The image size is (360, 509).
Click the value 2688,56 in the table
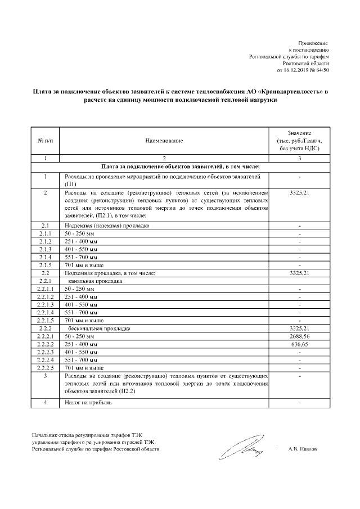point(299,335)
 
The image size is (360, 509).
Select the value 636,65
point(299,343)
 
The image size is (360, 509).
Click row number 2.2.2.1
point(44,335)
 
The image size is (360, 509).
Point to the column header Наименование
point(164,140)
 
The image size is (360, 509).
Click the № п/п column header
point(44,140)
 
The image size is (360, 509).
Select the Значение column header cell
point(299,140)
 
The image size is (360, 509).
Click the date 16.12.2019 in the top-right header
point(294,71)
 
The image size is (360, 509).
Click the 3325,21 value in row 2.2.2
point(299,327)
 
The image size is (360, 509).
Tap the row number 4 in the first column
point(44,403)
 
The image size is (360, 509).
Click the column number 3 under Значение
point(299,159)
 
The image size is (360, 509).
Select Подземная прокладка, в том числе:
point(110,273)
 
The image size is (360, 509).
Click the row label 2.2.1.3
point(44,304)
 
